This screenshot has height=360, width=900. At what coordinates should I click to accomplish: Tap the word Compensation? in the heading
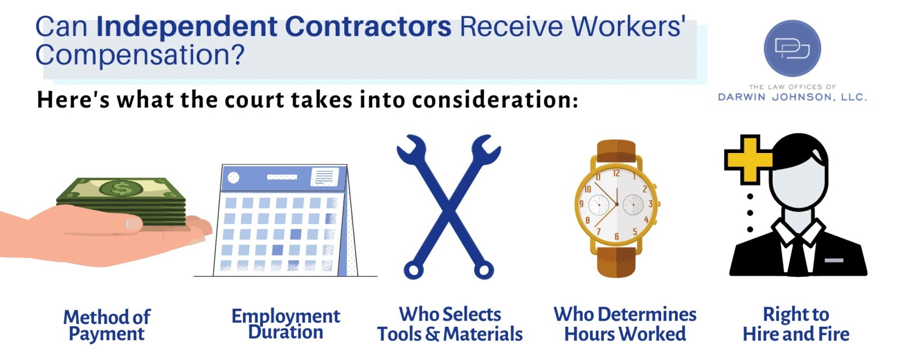(140, 55)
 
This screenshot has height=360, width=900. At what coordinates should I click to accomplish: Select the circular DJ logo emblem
(792, 48)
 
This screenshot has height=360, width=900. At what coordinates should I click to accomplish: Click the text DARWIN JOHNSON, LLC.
(792, 97)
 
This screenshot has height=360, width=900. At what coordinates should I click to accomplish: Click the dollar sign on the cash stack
(120, 188)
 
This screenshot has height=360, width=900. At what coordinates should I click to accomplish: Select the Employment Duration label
(286, 324)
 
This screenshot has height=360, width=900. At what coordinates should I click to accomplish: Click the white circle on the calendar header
(233, 177)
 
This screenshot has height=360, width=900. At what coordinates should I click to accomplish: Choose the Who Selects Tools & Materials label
(449, 325)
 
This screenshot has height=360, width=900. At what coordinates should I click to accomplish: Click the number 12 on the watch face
(616, 174)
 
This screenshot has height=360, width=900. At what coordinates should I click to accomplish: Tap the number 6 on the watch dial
(616, 237)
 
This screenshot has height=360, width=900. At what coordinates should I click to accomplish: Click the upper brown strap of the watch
(616, 151)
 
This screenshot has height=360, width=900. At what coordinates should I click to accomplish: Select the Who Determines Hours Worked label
(625, 325)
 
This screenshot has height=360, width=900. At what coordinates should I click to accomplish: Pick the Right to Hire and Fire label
(795, 325)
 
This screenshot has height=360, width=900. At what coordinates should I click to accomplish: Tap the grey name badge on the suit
(834, 260)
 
